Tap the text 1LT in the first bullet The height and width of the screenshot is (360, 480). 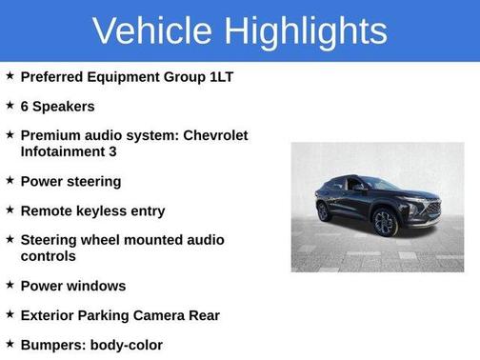[x=214, y=74]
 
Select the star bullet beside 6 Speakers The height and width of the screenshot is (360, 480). [x=9, y=106]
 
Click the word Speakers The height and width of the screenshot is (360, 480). [x=64, y=106]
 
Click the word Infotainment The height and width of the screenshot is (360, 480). [x=63, y=151]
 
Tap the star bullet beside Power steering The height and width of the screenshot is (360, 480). [x=9, y=181]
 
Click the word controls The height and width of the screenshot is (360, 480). [x=48, y=256]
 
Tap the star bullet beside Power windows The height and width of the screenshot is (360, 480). [x=9, y=286]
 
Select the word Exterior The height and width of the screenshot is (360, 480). [x=50, y=315]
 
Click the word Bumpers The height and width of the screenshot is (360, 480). [x=53, y=345]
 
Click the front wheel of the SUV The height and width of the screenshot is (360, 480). [x=384, y=223]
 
